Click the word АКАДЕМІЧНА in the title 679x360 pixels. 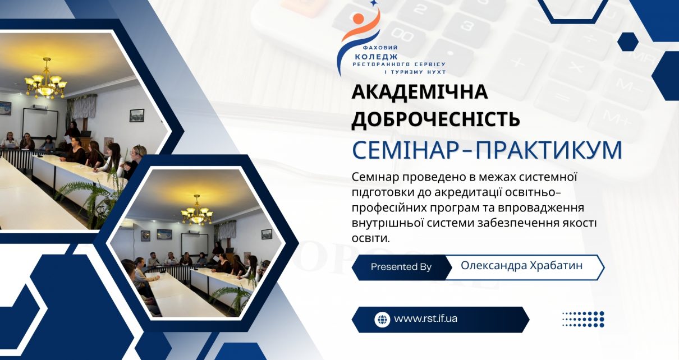420,92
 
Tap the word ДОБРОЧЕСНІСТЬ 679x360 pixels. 435,118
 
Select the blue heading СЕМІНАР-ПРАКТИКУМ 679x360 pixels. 487,150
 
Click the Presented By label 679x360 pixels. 401,267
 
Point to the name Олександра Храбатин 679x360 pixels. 522,265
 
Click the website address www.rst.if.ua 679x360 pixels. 425,319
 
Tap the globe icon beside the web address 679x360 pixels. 382,320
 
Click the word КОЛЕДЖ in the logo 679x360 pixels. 376,57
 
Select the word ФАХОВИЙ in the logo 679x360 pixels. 380,48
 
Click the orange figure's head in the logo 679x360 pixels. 359,19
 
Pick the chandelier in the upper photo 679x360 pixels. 46,79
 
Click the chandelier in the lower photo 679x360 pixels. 197,211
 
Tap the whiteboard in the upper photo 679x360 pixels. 40,123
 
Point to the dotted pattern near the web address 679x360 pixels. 583,320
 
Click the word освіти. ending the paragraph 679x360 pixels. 370,238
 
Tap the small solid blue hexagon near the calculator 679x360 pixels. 628,41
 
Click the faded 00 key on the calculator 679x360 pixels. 402,35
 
